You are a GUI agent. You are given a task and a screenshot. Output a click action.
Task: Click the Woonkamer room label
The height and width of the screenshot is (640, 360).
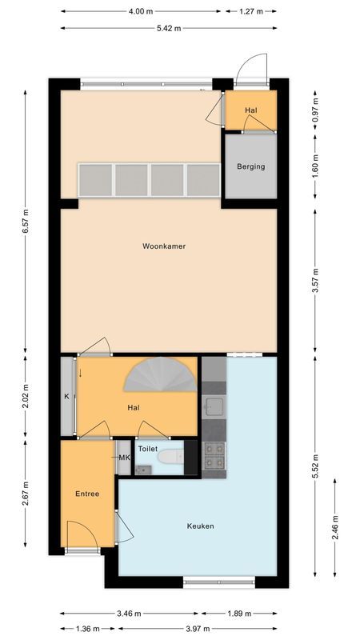(164, 246)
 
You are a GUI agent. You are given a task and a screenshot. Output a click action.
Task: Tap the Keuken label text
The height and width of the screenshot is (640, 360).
(200, 526)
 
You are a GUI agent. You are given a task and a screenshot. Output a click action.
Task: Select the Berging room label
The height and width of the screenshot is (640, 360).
(250, 166)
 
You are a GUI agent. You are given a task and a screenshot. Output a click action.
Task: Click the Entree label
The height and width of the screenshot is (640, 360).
(87, 494)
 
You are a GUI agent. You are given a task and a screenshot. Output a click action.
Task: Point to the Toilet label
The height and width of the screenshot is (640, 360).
(147, 450)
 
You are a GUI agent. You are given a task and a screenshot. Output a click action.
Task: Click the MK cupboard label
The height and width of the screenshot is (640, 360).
(123, 458)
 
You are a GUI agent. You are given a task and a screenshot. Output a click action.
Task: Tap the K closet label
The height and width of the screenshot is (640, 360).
(67, 396)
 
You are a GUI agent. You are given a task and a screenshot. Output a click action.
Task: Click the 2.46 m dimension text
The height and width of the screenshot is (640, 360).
(335, 528)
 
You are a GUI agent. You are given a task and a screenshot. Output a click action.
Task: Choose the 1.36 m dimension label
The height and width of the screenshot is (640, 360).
(87, 628)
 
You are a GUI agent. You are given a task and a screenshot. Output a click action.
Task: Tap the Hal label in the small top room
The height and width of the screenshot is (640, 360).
(250, 110)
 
